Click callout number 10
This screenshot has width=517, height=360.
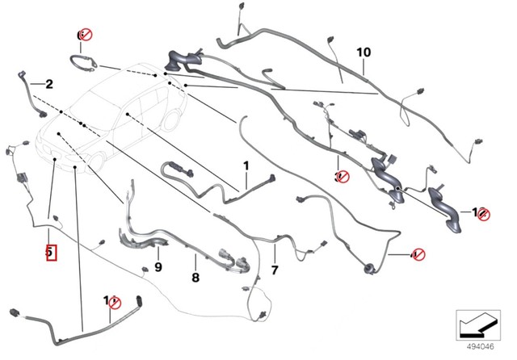click(364, 52)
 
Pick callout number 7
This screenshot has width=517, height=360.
click(274, 269)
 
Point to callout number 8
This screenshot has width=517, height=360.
click(195, 277)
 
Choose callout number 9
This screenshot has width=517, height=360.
click(158, 267)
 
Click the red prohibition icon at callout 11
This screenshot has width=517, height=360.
click(114, 303)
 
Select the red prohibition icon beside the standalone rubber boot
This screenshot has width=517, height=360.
click(482, 214)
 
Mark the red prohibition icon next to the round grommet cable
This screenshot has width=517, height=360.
click(418, 255)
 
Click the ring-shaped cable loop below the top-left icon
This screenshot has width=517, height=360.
click(83, 61)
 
